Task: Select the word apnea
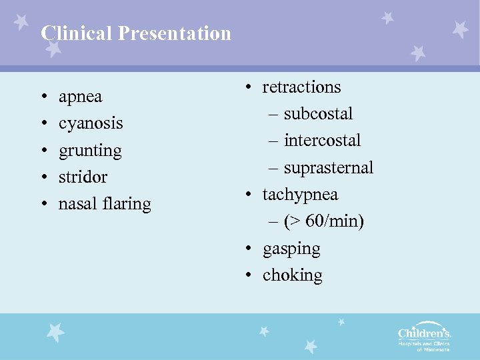coord(80,97)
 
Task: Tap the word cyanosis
coord(91,123)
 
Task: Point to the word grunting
coord(90,151)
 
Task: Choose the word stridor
coord(83,177)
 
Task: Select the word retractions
coord(301,87)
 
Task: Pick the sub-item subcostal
coord(318,114)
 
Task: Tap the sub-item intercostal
coord(322,141)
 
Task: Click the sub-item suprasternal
coord(328,168)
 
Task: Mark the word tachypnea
coord(300,195)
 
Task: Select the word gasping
coord(291,249)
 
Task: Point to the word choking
coord(292,275)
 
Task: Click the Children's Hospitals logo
coord(425,337)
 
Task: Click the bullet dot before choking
coord(247,276)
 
